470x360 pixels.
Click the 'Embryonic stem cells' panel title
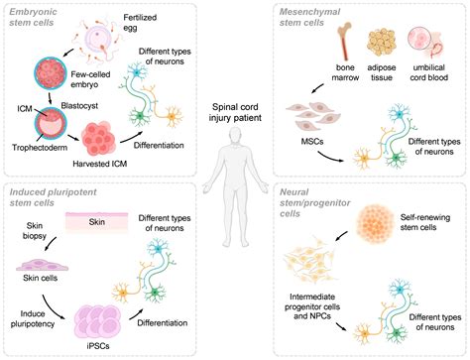[41, 17]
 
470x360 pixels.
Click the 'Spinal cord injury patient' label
[235, 112]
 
